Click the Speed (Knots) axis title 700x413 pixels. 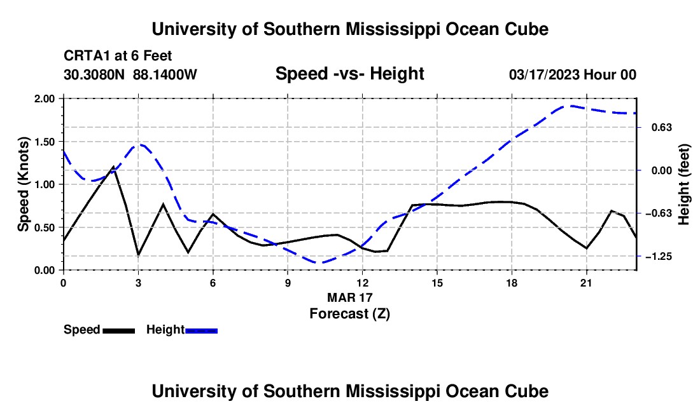point(24,184)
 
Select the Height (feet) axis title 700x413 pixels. point(683,184)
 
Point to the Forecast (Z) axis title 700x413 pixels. point(349,314)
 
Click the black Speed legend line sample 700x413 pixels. point(119,330)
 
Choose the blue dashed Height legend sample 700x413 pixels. point(201,330)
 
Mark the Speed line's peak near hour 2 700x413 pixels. point(113,167)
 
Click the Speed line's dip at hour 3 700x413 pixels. point(138,255)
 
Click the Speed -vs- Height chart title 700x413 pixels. point(349,74)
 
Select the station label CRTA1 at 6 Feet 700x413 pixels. point(118,56)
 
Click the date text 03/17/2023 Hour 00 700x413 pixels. point(573,74)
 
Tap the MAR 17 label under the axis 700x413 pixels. point(349,297)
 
